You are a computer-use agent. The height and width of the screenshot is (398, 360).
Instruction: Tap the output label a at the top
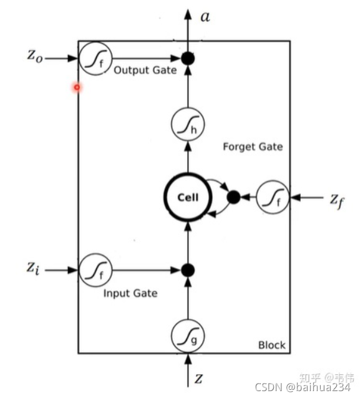tap(205, 17)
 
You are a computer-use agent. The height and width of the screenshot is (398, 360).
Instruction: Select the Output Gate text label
tap(145, 70)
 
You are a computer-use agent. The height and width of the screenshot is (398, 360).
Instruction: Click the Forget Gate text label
tap(253, 147)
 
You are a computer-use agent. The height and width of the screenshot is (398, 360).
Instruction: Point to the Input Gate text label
tap(130, 293)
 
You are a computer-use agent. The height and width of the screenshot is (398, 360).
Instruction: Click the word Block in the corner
tap(272, 345)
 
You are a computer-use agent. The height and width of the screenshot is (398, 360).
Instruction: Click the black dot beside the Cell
tap(233, 197)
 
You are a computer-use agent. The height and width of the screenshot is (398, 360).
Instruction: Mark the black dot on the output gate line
tap(188, 59)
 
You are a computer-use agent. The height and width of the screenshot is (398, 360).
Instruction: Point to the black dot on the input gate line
tap(188, 270)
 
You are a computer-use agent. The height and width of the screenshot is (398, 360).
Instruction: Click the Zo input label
tap(35, 56)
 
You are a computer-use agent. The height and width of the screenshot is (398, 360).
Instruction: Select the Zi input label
tap(33, 268)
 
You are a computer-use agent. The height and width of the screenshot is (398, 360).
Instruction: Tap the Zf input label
tap(337, 200)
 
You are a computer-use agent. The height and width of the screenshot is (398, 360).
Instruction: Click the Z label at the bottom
tap(199, 379)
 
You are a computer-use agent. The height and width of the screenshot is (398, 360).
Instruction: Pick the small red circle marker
tap(77, 87)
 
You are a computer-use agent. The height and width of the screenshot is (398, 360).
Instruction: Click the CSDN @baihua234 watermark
tap(303, 387)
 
